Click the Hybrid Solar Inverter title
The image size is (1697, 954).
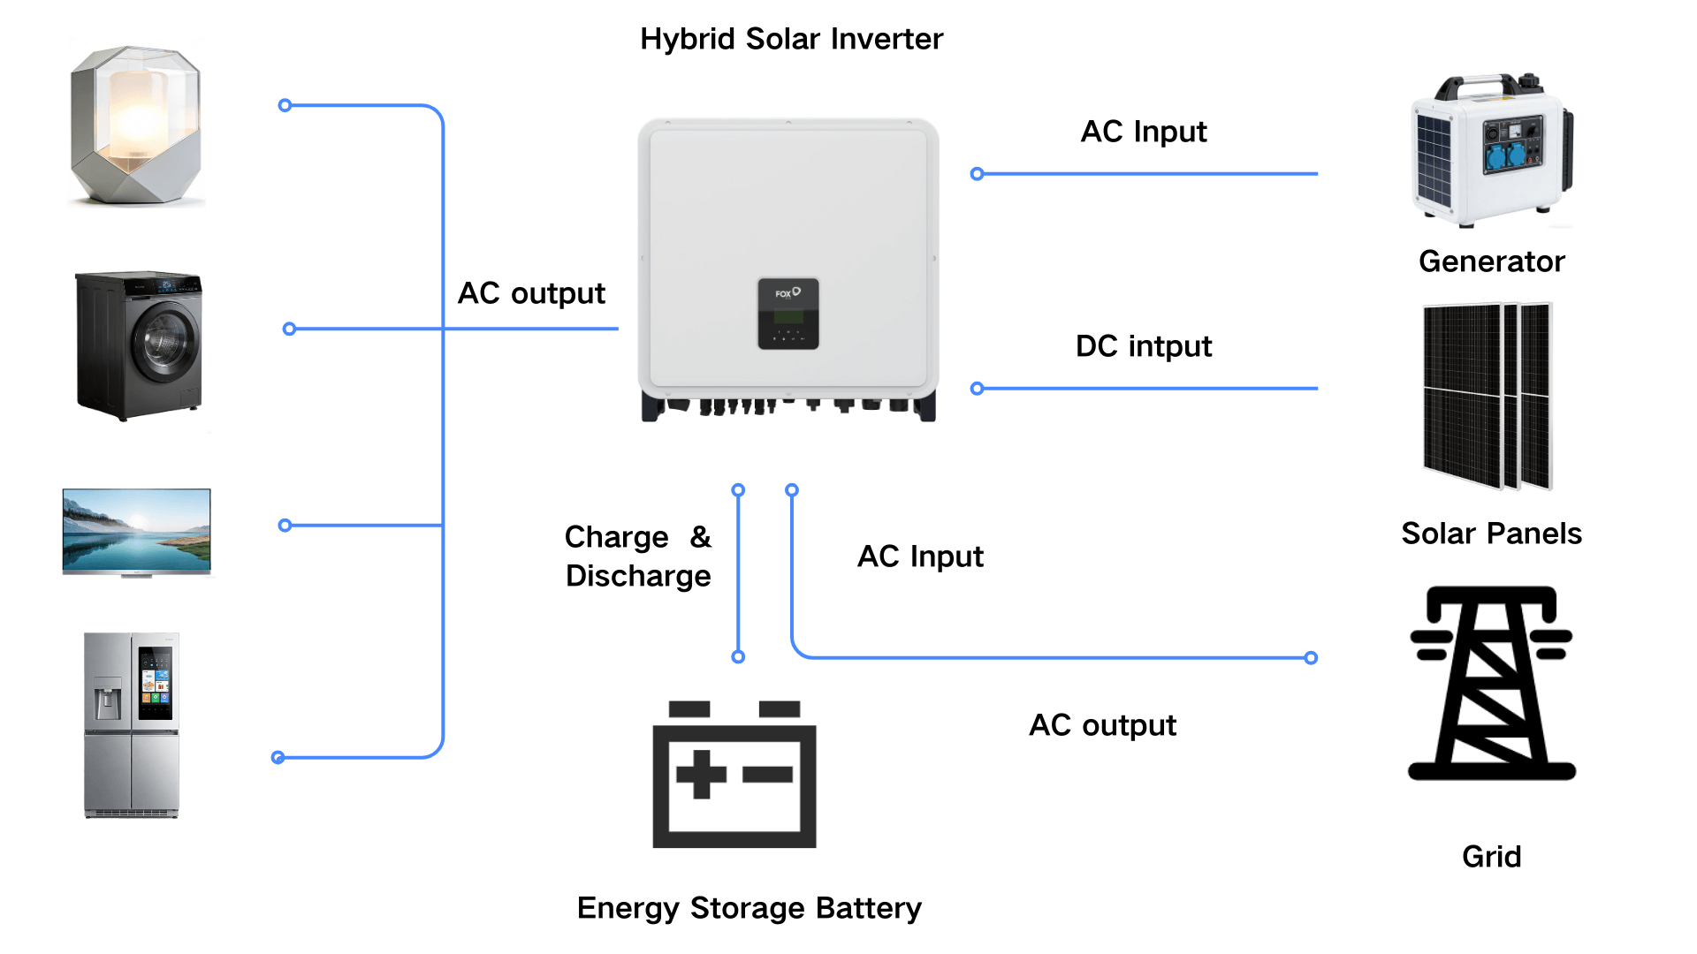(x=791, y=39)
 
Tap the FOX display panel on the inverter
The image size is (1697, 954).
(x=788, y=314)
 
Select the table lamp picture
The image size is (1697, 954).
(x=136, y=125)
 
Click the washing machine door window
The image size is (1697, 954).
(x=167, y=341)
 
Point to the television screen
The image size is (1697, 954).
(x=136, y=530)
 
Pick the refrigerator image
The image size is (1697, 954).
(x=132, y=724)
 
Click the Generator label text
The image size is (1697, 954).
(x=1491, y=261)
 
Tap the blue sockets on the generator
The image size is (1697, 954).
(x=1506, y=156)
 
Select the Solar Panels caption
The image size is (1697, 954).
(x=1491, y=534)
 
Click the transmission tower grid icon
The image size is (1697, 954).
(x=1491, y=683)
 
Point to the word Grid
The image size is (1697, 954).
(x=1491, y=857)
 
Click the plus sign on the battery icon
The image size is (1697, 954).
(x=701, y=775)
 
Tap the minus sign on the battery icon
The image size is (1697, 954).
(x=767, y=775)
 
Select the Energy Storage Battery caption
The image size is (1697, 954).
(x=749, y=908)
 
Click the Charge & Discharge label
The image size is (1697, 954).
(x=638, y=556)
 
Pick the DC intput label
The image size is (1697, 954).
(x=1143, y=346)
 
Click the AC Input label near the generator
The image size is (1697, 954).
(x=1143, y=132)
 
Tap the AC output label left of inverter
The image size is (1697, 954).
(x=531, y=293)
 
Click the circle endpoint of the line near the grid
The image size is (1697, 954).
(x=1311, y=657)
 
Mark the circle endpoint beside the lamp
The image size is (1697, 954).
(x=285, y=106)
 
